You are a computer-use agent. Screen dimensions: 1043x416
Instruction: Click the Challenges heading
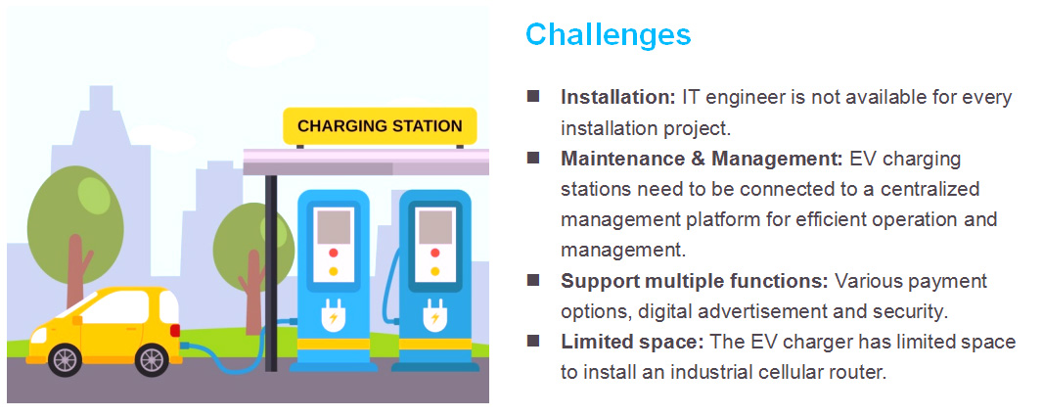pyautogui.click(x=608, y=34)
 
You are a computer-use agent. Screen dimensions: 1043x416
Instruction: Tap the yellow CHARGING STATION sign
pyautogui.click(x=380, y=126)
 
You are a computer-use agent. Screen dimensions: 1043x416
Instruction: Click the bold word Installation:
pyautogui.click(x=618, y=97)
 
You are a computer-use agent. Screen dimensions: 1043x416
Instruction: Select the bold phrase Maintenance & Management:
pyautogui.click(x=702, y=160)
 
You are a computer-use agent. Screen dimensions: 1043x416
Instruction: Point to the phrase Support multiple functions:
pyautogui.click(x=695, y=281)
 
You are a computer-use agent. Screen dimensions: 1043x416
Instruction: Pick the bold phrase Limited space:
pyautogui.click(x=632, y=343)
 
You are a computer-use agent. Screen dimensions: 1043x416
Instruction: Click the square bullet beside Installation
pyautogui.click(x=533, y=96)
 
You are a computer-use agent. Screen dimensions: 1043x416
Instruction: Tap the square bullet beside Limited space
pyautogui.click(x=533, y=341)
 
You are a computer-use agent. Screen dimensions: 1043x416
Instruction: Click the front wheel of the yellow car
pyautogui.click(x=65, y=360)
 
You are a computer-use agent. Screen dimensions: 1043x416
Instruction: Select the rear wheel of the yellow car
pyautogui.click(x=153, y=360)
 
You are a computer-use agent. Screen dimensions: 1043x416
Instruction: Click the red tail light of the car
pyautogui.click(x=175, y=330)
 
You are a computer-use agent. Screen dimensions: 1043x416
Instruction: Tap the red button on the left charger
pyautogui.click(x=334, y=253)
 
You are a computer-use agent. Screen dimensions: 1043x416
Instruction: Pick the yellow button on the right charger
pyautogui.click(x=434, y=271)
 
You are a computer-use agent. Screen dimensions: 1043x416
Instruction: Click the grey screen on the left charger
pyautogui.click(x=334, y=228)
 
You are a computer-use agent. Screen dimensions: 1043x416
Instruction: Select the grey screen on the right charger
pyautogui.click(x=434, y=228)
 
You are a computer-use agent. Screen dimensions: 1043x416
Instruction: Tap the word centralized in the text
pyautogui.click(x=930, y=189)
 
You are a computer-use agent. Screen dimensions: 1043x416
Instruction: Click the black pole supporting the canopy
pyautogui.click(x=271, y=273)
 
